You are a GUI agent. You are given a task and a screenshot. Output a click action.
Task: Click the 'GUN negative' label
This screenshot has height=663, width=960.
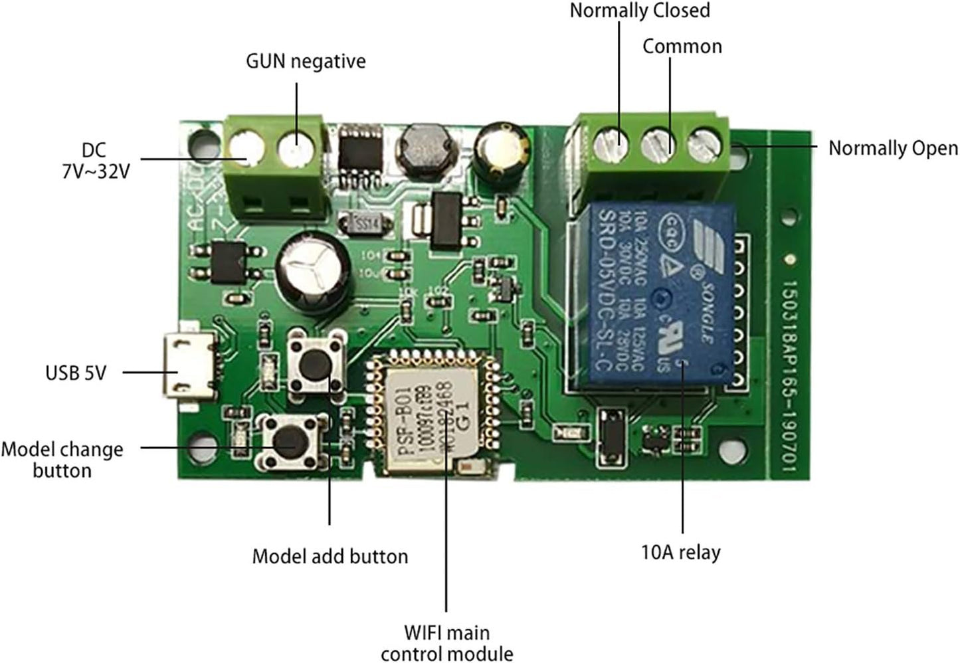306,61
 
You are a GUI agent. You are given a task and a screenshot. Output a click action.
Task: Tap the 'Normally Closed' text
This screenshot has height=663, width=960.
640,11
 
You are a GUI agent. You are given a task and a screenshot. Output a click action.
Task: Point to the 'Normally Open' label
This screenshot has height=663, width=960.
893,148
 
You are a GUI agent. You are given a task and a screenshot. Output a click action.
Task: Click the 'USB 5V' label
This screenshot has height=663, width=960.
76,373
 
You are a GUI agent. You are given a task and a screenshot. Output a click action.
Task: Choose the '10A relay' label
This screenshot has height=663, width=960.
680,552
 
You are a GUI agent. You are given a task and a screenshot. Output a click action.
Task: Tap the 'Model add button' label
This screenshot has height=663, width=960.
330,556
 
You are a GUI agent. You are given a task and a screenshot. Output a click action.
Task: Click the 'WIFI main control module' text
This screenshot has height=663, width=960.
446,642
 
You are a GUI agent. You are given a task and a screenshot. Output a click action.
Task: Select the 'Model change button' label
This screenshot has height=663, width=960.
62,460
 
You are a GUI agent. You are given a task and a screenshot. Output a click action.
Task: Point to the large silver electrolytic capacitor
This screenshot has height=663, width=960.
314,274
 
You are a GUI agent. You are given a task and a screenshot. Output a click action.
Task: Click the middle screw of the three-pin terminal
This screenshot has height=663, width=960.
658,142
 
